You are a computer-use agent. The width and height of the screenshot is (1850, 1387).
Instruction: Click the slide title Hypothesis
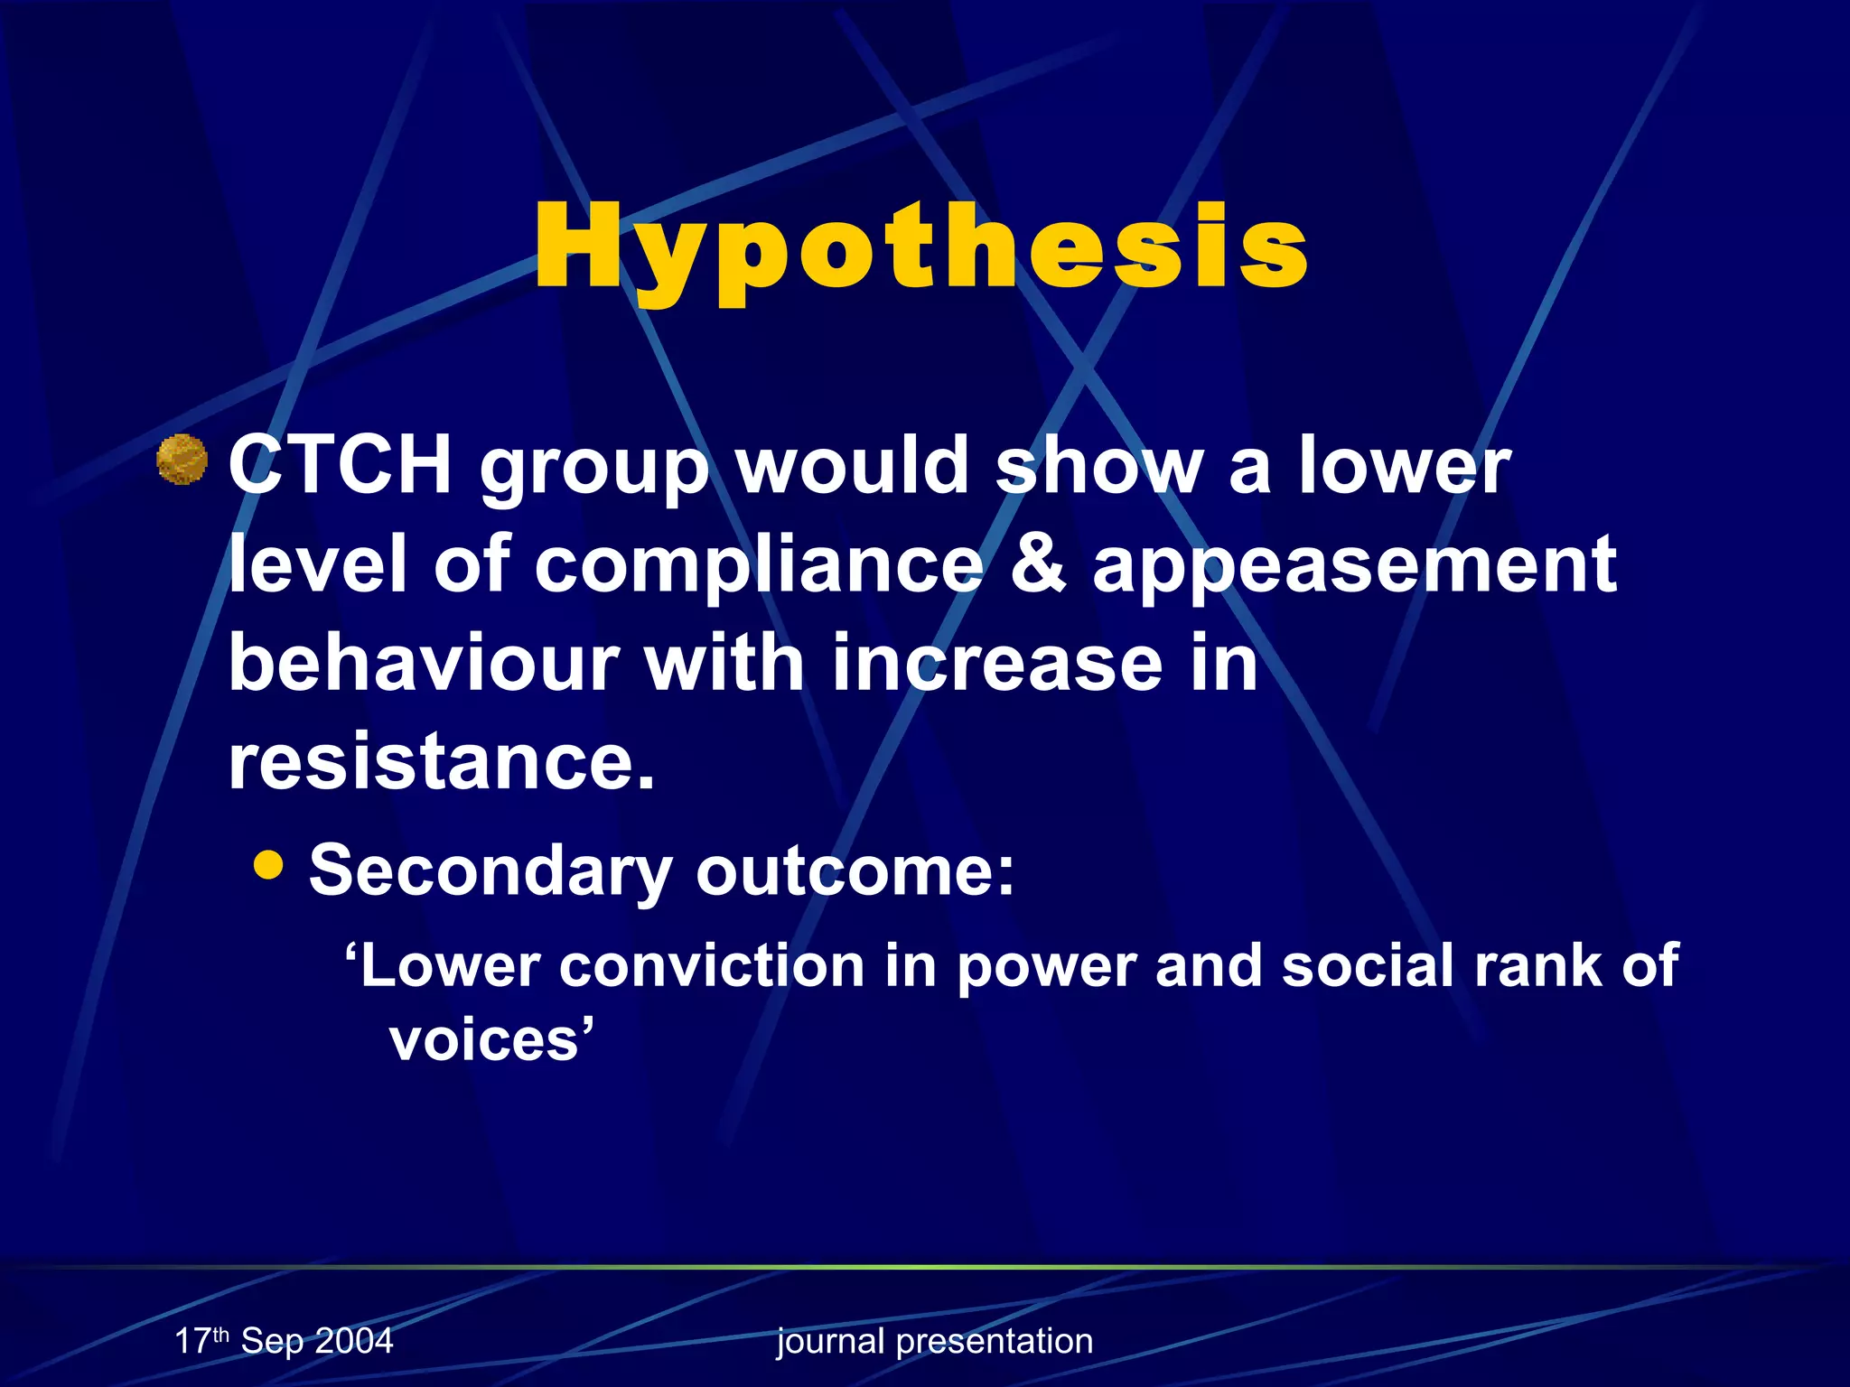pos(920,248)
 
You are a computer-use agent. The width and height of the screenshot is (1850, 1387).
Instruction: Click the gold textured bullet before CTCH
pos(182,460)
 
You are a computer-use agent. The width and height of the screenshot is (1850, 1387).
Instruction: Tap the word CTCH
pos(340,465)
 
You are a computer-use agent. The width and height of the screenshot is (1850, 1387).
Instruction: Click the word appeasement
pos(1354,566)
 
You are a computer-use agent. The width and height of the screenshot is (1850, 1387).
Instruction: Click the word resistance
pos(441,760)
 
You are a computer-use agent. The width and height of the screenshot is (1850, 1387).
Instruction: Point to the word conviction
pos(712,966)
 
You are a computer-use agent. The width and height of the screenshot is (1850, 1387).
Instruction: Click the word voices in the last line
pos(484,1039)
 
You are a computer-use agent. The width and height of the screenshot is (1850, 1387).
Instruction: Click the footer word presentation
pos(995,1342)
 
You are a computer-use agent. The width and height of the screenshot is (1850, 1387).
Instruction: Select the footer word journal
pos(830,1342)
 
